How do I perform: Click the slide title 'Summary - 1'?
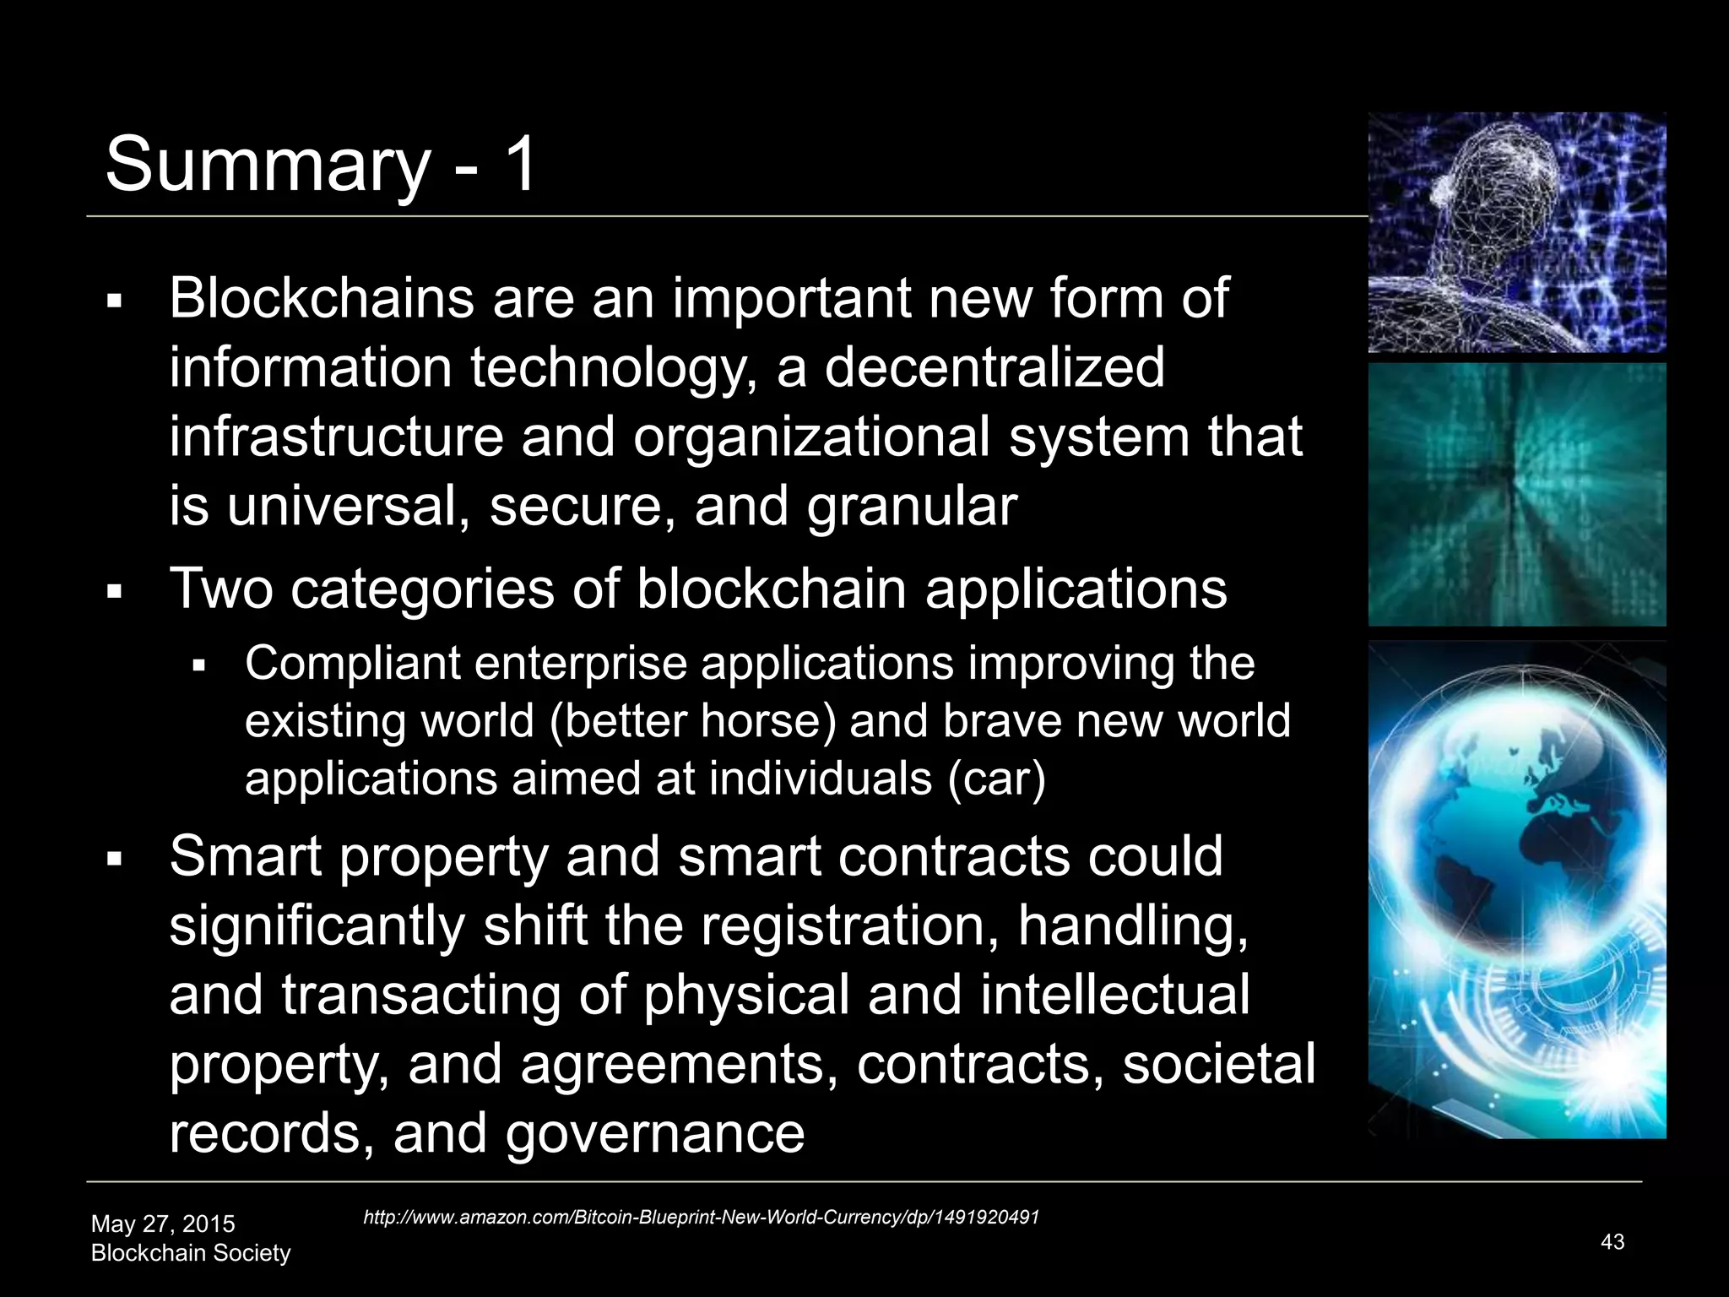point(321,164)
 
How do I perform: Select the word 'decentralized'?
point(994,368)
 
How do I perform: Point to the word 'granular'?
point(912,507)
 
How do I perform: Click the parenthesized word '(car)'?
point(996,779)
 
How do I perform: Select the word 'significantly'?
point(317,926)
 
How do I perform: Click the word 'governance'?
point(655,1133)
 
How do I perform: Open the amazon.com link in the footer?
point(701,1217)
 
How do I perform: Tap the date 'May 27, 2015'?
point(163,1224)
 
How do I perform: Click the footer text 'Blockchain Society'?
point(191,1253)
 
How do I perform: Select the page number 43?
point(1612,1241)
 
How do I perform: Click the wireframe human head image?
point(1517,232)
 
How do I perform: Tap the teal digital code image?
point(1517,495)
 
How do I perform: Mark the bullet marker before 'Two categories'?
point(116,592)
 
